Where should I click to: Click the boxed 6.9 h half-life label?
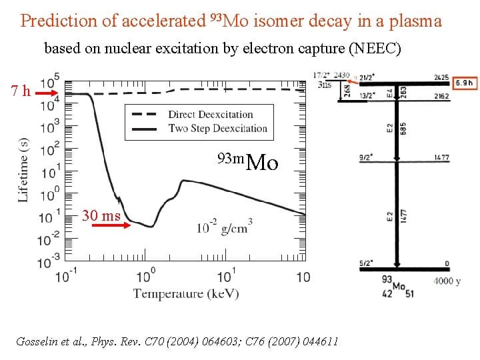[x=464, y=83]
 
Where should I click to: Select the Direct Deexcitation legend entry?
[x=211, y=115]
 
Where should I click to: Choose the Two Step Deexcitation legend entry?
[x=217, y=128]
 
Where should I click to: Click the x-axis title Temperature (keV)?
[x=186, y=293]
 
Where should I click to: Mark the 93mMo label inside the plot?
[x=247, y=161]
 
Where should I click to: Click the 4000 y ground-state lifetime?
[x=447, y=281]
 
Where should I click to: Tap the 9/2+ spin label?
[x=365, y=158]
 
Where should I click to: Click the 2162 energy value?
[x=441, y=97]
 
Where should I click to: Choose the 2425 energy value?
[x=441, y=77]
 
